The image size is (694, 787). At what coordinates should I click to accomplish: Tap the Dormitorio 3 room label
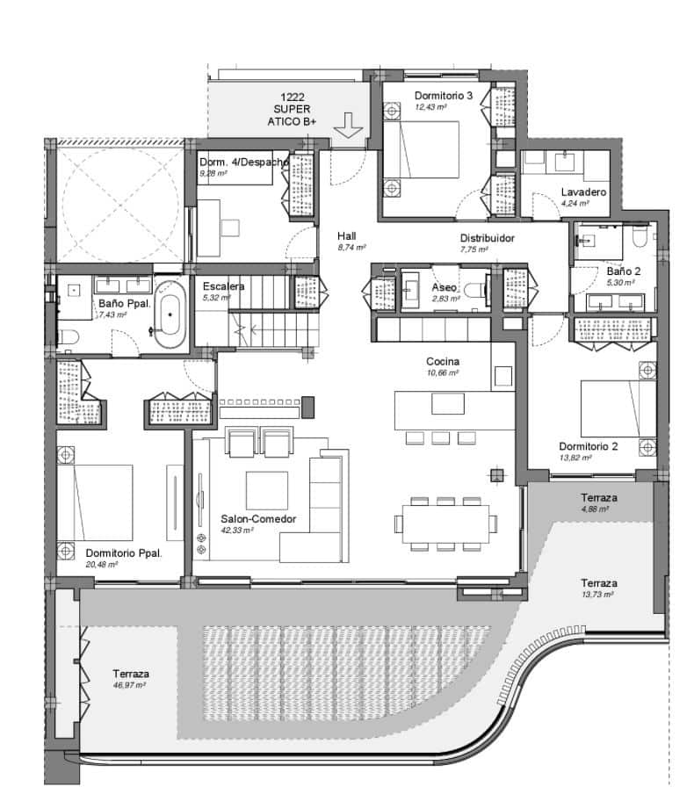tap(445, 96)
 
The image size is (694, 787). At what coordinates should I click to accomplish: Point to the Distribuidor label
tap(487, 238)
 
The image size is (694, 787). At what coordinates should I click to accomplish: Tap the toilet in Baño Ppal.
tap(69, 333)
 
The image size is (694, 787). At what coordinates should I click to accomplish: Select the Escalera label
tap(223, 286)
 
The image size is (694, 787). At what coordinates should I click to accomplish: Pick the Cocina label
tap(444, 361)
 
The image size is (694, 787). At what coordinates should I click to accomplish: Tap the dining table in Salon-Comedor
tap(443, 524)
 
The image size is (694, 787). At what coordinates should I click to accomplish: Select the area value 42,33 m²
tap(237, 531)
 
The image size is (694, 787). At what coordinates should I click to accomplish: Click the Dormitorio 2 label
tap(588, 446)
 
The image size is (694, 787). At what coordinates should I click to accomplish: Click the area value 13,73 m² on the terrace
tap(596, 595)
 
